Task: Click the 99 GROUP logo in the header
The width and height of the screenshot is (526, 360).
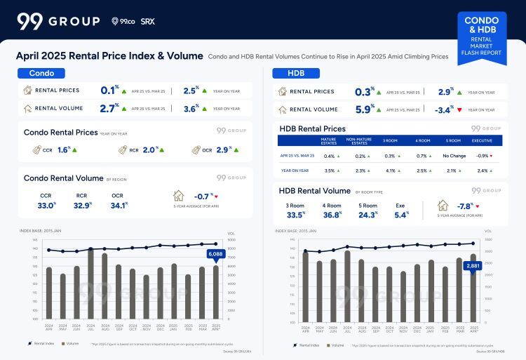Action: [x=58, y=21]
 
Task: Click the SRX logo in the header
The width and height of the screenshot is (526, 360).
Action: [x=147, y=22]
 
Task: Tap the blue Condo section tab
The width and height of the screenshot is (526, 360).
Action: [x=41, y=73]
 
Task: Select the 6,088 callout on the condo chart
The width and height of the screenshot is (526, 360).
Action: [x=215, y=254]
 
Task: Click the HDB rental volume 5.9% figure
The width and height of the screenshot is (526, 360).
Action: [x=364, y=109]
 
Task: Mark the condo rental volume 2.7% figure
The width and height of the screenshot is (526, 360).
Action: [x=109, y=108]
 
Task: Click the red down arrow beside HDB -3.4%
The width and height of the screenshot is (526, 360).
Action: [x=459, y=109]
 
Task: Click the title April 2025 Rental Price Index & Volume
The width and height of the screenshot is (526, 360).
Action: [x=109, y=56]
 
